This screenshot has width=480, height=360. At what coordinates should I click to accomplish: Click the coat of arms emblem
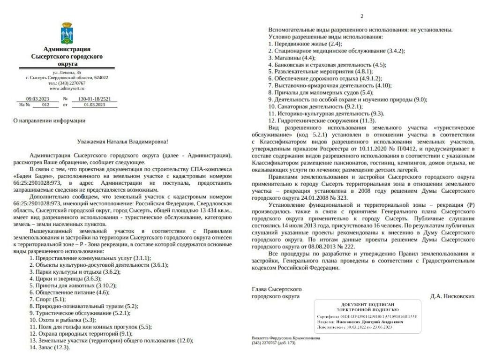(67, 33)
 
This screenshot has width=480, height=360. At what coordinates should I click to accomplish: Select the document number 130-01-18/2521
(94, 99)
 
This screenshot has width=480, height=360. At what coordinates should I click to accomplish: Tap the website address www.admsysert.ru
(67, 88)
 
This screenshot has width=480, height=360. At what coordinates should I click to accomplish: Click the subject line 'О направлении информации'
(49, 120)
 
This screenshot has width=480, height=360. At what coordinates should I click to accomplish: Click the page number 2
(361, 16)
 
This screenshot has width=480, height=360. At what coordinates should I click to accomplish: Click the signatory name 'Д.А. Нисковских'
(452, 296)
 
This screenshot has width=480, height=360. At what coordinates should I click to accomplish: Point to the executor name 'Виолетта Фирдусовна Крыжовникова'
(286, 338)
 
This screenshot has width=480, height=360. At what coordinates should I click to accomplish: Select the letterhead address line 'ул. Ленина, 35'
(67, 72)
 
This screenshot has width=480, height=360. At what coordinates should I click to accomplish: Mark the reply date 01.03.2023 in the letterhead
(94, 105)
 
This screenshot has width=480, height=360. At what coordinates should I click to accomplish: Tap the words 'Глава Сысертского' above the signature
(277, 289)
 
